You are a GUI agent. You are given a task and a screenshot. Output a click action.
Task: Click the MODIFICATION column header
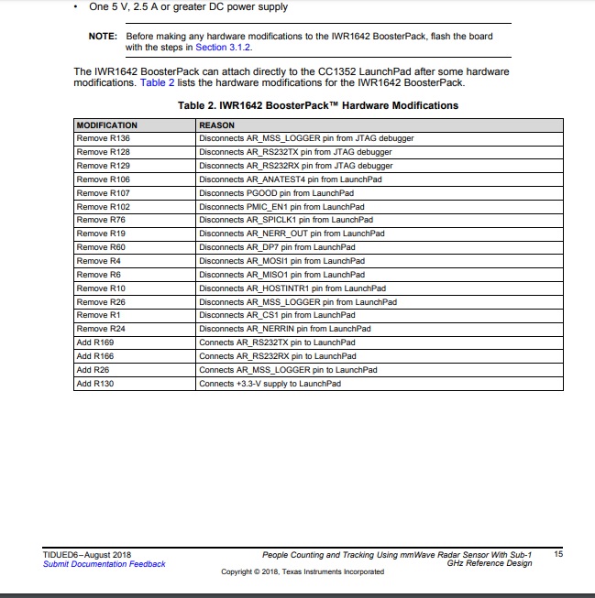point(106,125)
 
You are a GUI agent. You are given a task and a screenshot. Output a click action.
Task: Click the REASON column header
point(216,125)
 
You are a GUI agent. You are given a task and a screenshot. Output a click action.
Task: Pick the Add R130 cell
point(95,384)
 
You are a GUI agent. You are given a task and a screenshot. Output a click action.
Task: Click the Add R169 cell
point(95,342)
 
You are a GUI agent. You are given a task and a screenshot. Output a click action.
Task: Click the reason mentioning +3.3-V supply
point(270,384)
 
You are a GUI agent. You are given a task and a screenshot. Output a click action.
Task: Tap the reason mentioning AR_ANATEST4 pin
point(290,179)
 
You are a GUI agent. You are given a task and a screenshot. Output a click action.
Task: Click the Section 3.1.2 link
point(221,47)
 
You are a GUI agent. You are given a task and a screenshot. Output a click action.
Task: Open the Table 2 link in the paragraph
point(157,82)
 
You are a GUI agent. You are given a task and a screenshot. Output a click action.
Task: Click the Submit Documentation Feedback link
point(105,564)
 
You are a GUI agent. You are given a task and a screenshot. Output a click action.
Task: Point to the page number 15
point(559,554)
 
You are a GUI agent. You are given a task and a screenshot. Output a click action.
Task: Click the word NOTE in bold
point(103,36)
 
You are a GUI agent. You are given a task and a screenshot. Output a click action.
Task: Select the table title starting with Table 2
point(317,105)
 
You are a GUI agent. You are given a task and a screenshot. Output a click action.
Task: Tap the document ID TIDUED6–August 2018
point(87,554)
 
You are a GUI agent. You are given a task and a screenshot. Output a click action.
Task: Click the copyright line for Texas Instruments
point(303,572)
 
